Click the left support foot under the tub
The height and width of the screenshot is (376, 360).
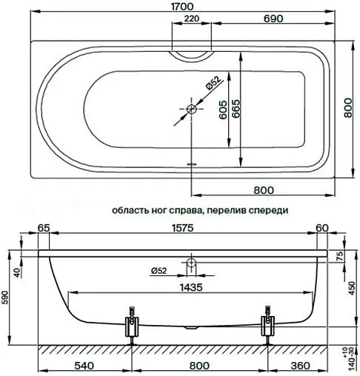[x=132, y=323]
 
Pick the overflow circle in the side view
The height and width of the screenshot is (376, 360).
[x=192, y=262]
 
